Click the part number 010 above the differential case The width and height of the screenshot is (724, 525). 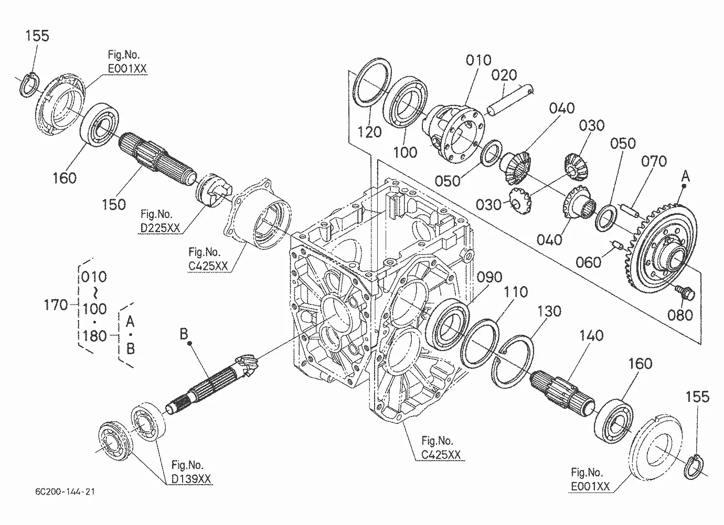(x=478, y=60)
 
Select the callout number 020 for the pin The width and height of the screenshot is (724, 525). (x=504, y=75)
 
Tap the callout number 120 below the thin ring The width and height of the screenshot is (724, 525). (x=369, y=132)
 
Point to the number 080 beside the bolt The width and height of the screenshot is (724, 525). (x=680, y=315)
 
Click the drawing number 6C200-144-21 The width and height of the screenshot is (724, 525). (x=65, y=491)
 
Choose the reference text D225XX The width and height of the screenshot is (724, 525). (x=160, y=228)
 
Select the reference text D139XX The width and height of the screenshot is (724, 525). (x=191, y=479)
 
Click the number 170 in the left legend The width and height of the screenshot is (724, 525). (x=56, y=305)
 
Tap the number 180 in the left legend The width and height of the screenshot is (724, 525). (x=94, y=336)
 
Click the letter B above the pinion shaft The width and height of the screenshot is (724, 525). (x=184, y=334)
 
